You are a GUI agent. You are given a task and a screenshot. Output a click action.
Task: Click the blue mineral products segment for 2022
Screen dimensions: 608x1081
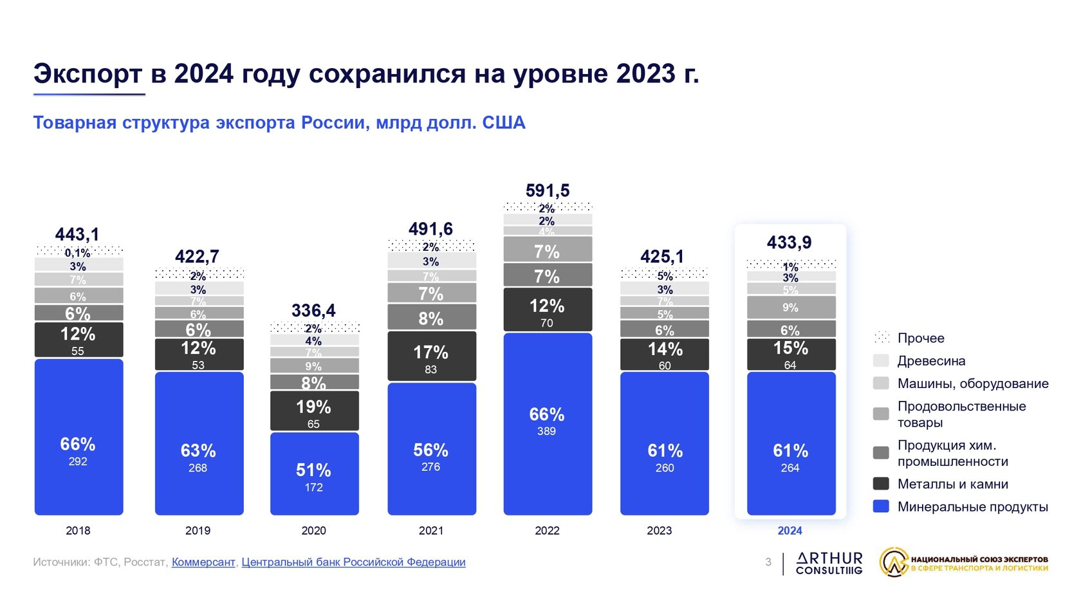pyautogui.click(x=547, y=423)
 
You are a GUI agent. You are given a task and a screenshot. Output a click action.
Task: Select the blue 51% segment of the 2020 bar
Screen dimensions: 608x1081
pyautogui.click(x=314, y=474)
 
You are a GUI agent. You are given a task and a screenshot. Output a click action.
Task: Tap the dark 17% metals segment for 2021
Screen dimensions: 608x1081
pyautogui.click(x=431, y=356)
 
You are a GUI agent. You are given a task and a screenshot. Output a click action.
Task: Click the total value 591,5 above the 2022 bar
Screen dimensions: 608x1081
pyautogui.click(x=548, y=190)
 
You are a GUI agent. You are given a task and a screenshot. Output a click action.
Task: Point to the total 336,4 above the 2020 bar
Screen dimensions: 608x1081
pyautogui.click(x=313, y=311)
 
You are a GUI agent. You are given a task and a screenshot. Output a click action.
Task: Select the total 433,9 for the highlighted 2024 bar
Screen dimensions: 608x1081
pyautogui.click(x=790, y=243)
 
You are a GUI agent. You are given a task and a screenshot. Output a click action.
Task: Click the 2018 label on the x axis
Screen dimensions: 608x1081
pyautogui.click(x=78, y=531)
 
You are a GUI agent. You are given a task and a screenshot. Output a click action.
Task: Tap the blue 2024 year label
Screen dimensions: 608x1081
pyautogui.click(x=790, y=531)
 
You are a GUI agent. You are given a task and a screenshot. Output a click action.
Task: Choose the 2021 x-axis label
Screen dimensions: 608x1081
pyautogui.click(x=431, y=531)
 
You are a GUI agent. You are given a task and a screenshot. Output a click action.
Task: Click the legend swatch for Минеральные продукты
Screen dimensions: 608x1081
pyautogui.click(x=881, y=506)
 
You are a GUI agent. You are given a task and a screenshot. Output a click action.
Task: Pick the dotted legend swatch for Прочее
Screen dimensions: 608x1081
pyautogui.click(x=881, y=337)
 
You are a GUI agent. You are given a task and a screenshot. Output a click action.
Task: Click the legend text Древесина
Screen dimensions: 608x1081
pyautogui.click(x=931, y=361)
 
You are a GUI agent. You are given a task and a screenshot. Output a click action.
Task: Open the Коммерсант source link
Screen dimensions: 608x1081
pyautogui.click(x=203, y=562)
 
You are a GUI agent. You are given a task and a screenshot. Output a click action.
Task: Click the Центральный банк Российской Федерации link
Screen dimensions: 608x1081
pyautogui.click(x=353, y=562)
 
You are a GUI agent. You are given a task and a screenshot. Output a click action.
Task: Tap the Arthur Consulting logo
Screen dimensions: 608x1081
pyautogui.click(x=829, y=563)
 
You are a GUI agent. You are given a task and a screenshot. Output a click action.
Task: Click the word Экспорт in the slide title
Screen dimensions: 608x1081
pyautogui.click(x=88, y=74)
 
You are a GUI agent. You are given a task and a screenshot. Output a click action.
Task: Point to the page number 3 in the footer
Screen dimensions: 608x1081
pyautogui.click(x=768, y=562)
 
